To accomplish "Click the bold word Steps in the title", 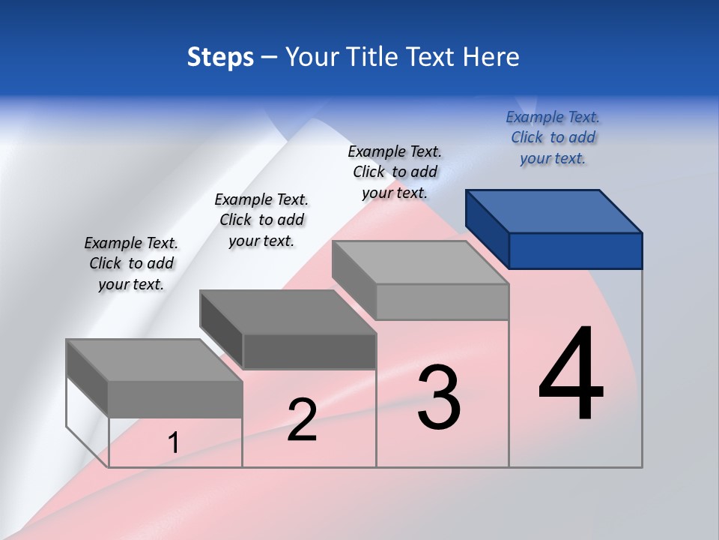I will click(220, 57).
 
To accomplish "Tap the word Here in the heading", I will click(491, 57).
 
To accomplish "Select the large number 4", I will click(571, 374).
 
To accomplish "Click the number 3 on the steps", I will click(439, 397).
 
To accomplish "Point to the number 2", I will click(302, 420).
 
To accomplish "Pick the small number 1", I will click(174, 443).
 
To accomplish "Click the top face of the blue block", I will click(554, 211).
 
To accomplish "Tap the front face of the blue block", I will click(575, 250).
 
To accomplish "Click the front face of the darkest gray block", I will click(309, 351).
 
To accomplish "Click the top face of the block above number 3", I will click(420, 262).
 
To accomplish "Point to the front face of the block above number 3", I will click(442, 301).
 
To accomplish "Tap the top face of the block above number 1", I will click(154, 360).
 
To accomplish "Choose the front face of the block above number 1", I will click(175, 399).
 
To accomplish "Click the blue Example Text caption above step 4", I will click(553, 137).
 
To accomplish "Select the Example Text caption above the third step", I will click(395, 172).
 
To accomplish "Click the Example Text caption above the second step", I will click(261, 220).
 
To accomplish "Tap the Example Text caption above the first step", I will click(131, 263).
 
